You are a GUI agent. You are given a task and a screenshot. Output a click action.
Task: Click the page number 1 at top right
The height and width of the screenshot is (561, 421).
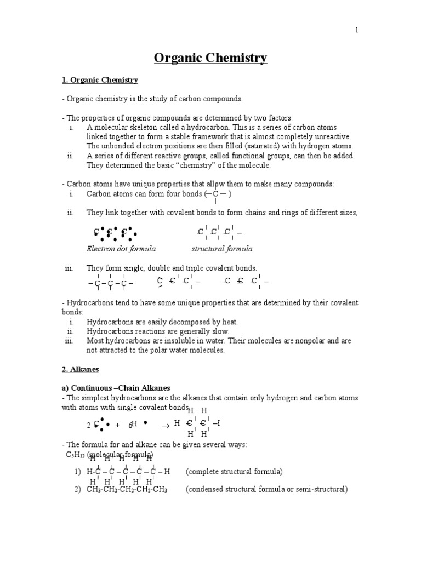tap(356, 31)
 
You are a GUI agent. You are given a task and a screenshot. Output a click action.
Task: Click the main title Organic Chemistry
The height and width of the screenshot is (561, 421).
tap(210, 58)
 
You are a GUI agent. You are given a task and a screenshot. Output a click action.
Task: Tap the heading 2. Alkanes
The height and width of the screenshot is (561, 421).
tap(80, 370)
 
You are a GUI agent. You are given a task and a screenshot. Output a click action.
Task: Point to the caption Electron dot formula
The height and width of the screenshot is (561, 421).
tap(121, 249)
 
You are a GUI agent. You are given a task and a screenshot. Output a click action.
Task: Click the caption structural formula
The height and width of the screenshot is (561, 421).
tap(222, 249)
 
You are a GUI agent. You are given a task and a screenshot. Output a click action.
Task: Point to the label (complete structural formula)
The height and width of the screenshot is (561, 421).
tap(234, 472)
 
